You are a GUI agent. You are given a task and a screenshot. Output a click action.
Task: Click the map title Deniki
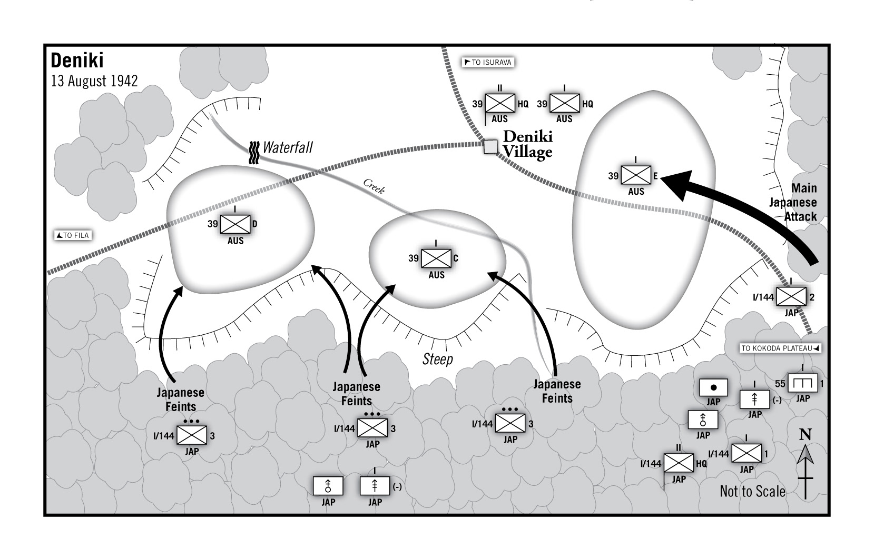pyautogui.click(x=77, y=61)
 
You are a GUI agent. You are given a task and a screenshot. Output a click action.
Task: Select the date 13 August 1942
pyautogui.click(x=94, y=81)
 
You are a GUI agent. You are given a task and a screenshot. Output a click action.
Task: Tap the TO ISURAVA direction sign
pyautogui.click(x=488, y=62)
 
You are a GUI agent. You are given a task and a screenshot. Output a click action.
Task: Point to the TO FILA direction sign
pyautogui.click(x=73, y=235)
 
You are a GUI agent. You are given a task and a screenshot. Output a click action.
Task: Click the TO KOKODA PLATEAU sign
pyautogui.click(x=780, y=348)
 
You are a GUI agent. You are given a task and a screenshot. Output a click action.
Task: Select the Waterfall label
pyautogui.click(x=288, y=148)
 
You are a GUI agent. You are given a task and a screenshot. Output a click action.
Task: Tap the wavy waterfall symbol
pyautogui.click(x=254, y=153)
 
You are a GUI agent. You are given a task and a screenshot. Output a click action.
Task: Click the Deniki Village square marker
pyautogui.click(x=490, y=146)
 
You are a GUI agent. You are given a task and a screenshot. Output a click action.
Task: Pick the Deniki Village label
pyautogui.click(x=527, y=144)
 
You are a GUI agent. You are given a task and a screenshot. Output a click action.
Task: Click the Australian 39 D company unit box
pyautogui.click(x=235, y=224)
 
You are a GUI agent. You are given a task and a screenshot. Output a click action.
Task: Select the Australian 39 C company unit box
pyautogui.click(x=436, y=258)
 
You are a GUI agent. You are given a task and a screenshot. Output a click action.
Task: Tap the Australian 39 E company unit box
pyautogui.click(x=636, y=175)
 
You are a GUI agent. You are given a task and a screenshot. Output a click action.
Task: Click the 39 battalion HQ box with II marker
pyautogui.click(x=500, y=103)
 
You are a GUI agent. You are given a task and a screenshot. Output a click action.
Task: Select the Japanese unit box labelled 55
pyautogui.click(x=802, y=383)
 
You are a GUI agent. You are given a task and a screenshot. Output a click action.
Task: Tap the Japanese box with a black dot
pyautogui.click(x=714, y=388)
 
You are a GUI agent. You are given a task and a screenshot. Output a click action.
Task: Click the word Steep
pyautogui.click(x=438, y=359)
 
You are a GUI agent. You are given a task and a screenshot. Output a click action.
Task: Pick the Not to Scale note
pyautogui.click(x=753, y=491)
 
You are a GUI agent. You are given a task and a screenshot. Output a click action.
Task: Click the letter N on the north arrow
pyautogui.click(x=806, y=434)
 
